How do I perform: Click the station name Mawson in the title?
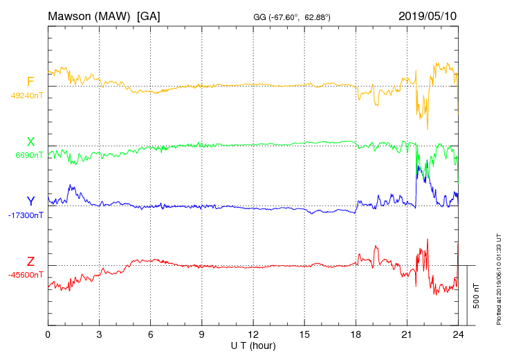(73, 16)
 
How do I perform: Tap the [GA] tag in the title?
(149, 16)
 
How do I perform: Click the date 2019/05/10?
(428, 16)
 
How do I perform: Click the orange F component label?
(30, 82)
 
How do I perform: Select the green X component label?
(30, 142)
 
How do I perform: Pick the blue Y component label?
(30, 201)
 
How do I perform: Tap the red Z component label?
(30, 262)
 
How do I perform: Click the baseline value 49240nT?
(26, 96)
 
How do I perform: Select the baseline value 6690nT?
(29, 155)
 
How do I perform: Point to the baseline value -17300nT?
(26, 215)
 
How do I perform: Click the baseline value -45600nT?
(26, 275)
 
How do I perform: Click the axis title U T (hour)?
(253, 345)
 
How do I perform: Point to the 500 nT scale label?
(477, 295)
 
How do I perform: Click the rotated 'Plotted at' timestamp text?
(499, 280)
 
